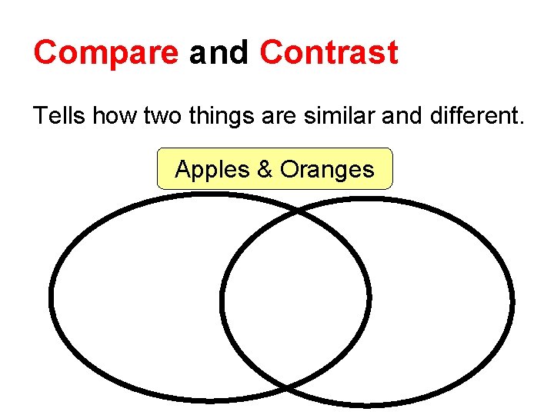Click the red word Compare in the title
[105, 54]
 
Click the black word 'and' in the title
[219, 54]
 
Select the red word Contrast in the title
[329, 54]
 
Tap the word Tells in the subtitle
[59, 116]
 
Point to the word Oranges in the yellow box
[327, 169]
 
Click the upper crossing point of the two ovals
[297, 209]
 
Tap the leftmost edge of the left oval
[52, 297]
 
